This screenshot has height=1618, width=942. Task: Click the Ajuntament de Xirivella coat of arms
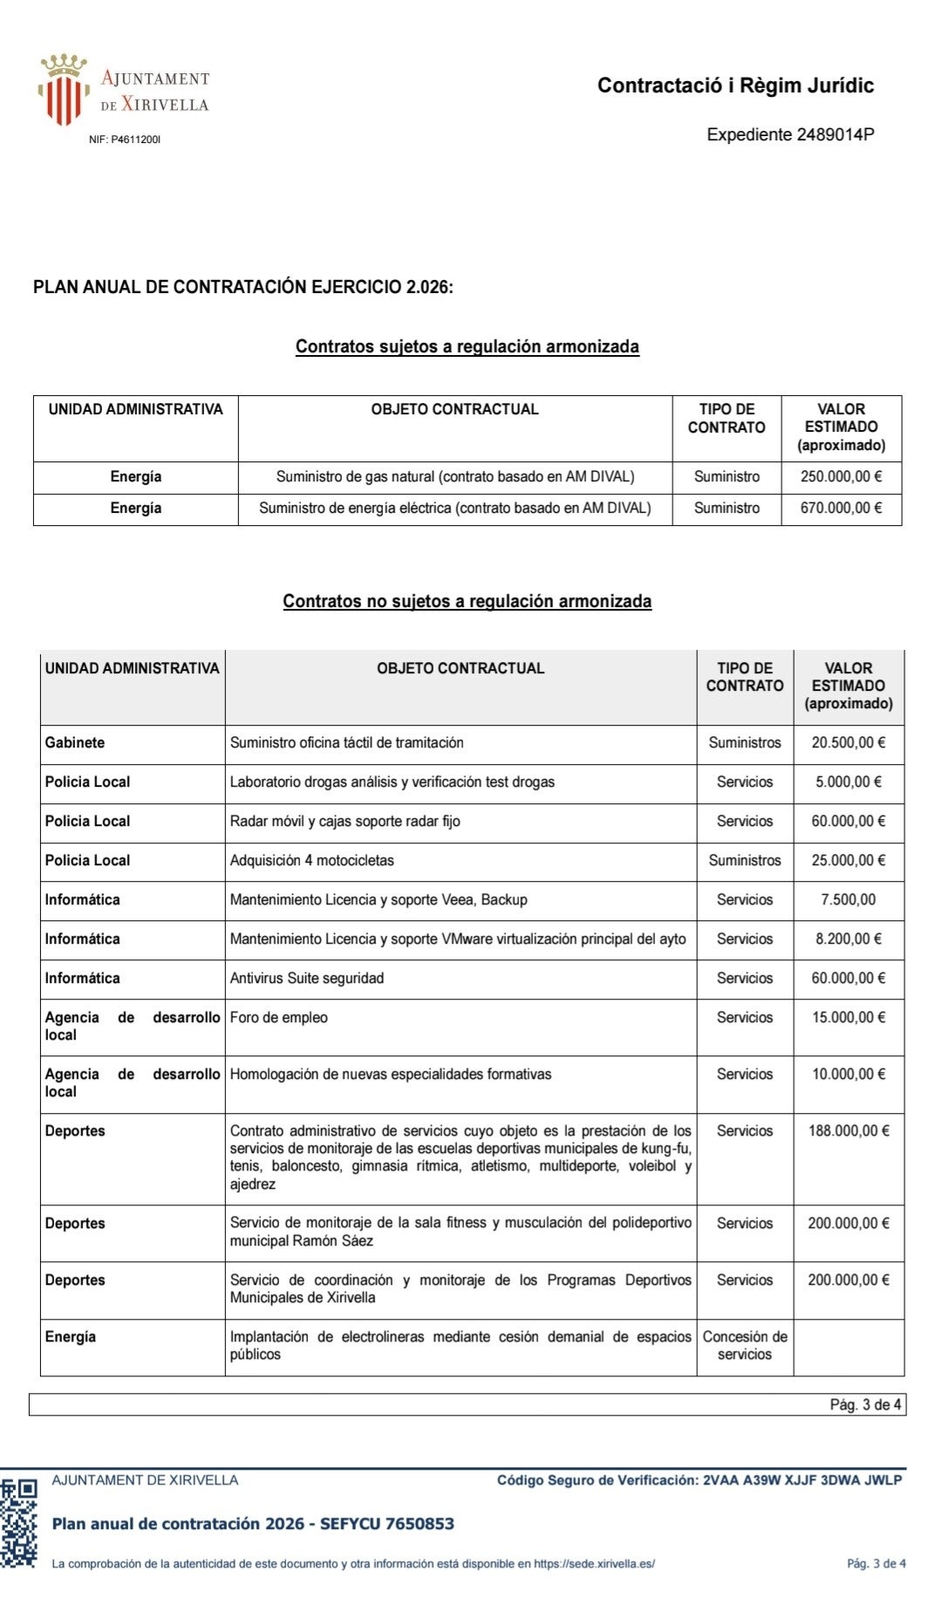(x=64, y=91)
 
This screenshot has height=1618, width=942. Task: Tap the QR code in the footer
(x=18, y=1523)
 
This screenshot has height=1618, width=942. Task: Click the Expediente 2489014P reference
(x=790, y=134)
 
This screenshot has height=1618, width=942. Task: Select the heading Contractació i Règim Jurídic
(x=735, y=85)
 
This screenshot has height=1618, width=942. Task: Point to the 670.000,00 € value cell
(x=841, y=508)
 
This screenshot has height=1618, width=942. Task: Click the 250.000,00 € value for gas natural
(x=841, y=476)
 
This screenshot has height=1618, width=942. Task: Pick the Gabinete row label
(x=75, y=742)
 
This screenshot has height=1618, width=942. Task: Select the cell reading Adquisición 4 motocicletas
(x=311, y=860)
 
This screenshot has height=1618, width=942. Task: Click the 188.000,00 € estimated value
(x=848, y=1130)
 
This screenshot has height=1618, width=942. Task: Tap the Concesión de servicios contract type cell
(x=745, y=1345)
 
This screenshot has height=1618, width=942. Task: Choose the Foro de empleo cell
(x=279, y=1017)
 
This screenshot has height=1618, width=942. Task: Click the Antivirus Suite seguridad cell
(x=307, y=978)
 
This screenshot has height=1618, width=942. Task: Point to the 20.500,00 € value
(x=848, y=742)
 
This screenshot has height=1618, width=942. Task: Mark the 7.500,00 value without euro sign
(x=848, y=899)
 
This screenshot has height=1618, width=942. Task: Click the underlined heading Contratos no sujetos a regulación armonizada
(x=467, y=601)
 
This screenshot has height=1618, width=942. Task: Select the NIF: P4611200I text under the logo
(x=125, y=140)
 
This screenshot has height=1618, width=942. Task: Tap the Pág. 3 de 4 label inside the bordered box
(x=864, y=1404)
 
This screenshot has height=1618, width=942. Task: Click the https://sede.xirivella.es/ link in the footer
(x=594, y=1564)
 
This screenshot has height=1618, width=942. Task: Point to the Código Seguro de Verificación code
(x=700, y=1480)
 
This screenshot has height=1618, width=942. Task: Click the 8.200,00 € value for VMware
(x=848, y=939)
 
